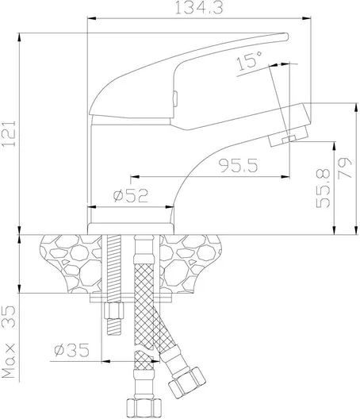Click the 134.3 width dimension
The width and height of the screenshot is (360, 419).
199,8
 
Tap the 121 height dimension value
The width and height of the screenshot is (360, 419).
9,133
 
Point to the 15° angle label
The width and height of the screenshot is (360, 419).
250,60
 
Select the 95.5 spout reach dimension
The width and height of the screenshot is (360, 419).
238,165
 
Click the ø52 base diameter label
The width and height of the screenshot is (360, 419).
131,195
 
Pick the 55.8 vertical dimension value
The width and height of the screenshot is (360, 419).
323,188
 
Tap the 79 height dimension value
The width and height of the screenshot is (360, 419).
345,168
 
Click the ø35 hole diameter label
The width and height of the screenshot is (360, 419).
71,350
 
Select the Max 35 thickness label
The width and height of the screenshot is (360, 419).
8,342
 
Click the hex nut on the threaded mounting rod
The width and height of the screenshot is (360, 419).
114,310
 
